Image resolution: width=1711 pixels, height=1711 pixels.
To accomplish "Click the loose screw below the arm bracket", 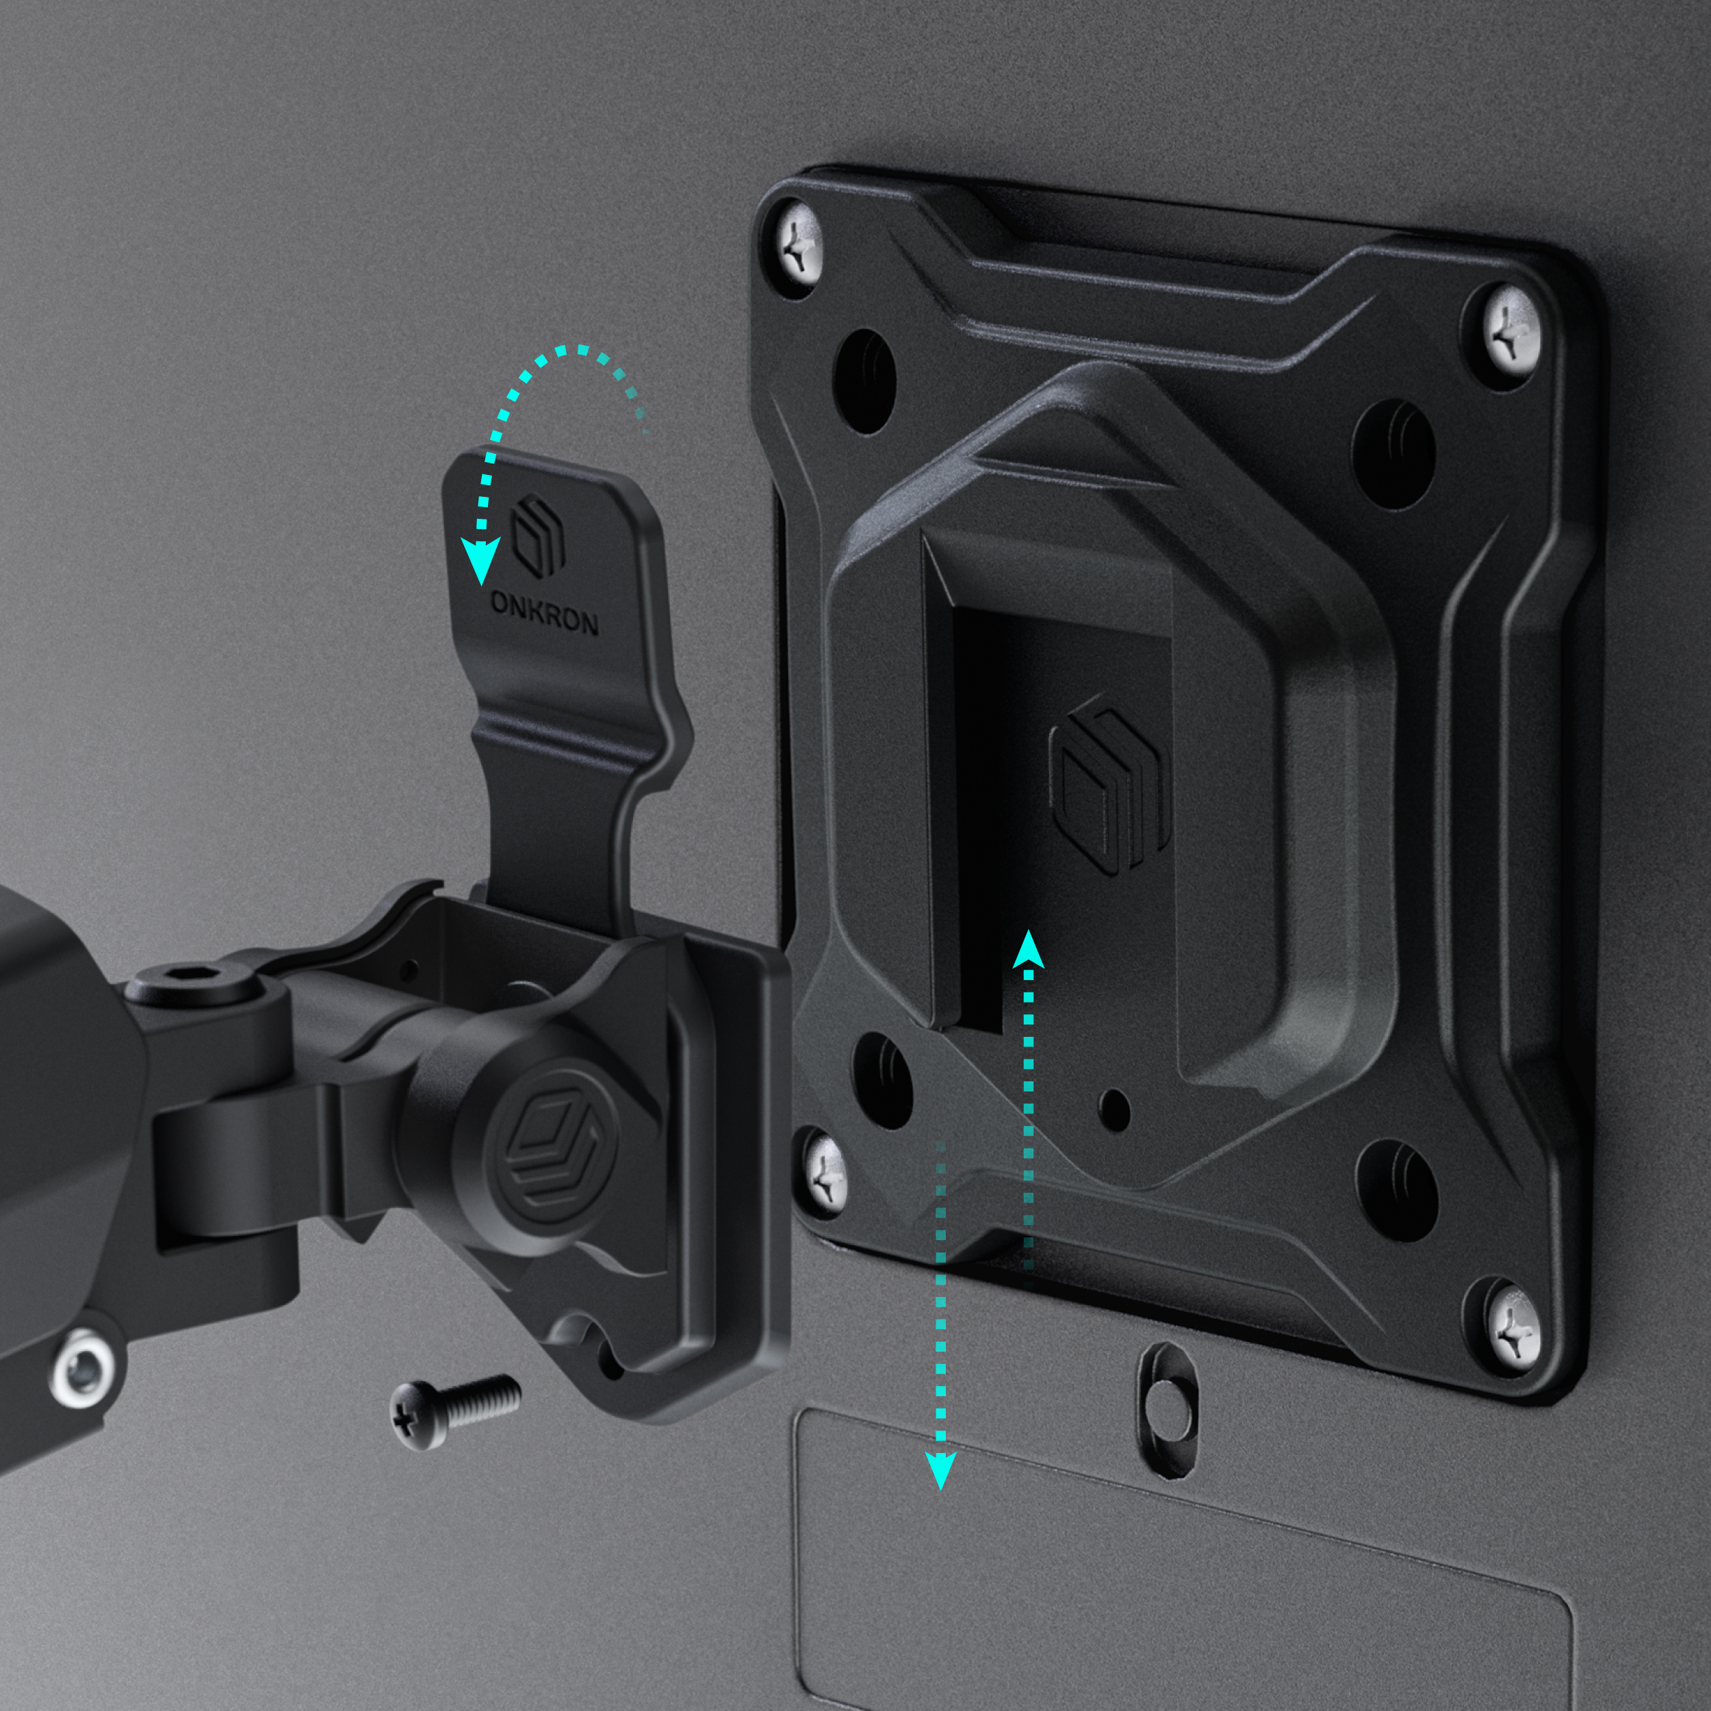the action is point(455,1408).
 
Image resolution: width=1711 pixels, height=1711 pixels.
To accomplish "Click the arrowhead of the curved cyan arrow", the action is point(481,561).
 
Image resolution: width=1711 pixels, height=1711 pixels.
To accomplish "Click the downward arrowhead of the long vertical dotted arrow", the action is point(940,1469).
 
